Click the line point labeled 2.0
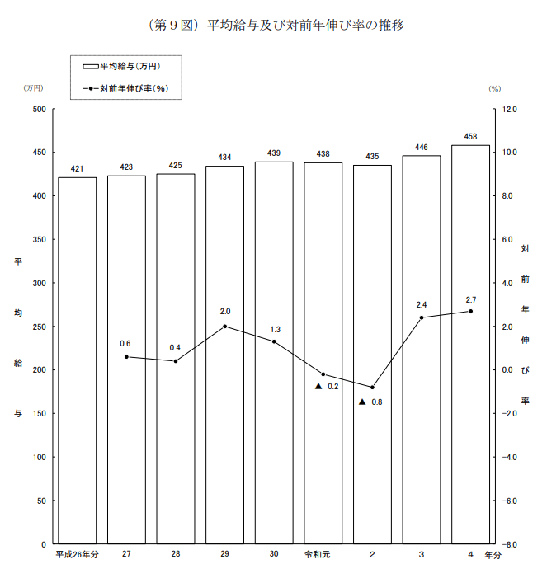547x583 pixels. [x=224, y=327]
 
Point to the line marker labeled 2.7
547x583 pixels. [x=471, y=311]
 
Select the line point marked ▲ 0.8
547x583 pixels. [x=372, y=388]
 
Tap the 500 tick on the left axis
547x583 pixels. [x=39, y=109]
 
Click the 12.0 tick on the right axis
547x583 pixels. [x=509, y=109]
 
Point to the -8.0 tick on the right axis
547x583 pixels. [x=509, y=545]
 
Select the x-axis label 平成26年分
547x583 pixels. [x=77, y=556]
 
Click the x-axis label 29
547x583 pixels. [x=224, y=556]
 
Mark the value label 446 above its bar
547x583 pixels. [x=422, y=147]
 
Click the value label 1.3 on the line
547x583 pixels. [x=276, y=330]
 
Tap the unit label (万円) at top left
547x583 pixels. [x=33, y=87]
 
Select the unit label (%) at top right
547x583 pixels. [x=494, y=87]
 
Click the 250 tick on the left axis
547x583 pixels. [x=39, y=327]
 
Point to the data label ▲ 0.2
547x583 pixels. [x=327, y=386]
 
